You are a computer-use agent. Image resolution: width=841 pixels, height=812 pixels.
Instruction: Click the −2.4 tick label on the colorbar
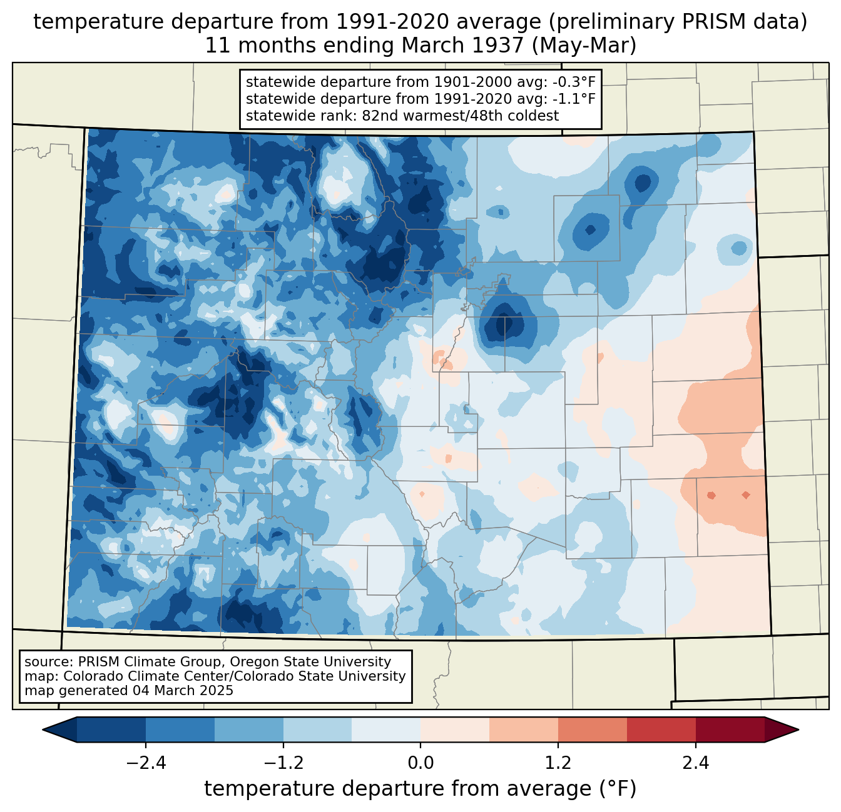click(145, 763)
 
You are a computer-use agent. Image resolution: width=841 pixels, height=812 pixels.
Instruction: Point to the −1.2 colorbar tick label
click(283, 763)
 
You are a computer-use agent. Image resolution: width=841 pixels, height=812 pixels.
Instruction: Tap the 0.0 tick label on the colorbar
click(421, 763)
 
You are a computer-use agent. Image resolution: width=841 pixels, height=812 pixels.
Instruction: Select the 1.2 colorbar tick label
click(558, 763)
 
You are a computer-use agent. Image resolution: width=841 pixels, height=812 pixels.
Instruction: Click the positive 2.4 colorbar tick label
click(696, 763)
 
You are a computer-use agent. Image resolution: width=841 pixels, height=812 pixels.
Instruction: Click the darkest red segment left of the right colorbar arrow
click(730, 729)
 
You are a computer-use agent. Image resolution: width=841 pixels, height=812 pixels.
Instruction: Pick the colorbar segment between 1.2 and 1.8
click(592, 729)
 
